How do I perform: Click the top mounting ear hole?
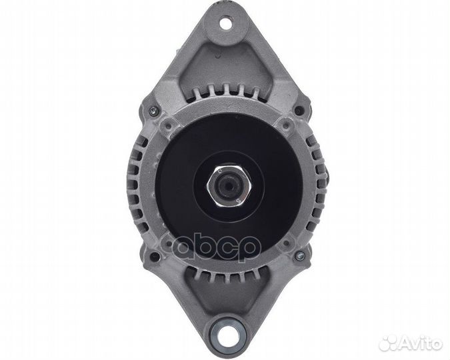[x=226, y=23]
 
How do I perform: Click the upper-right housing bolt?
[x=299, y=110]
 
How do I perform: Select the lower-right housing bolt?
[x=299, y=255]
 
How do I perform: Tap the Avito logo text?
[x=421, y=344]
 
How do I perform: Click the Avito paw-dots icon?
[x=388, y=343]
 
